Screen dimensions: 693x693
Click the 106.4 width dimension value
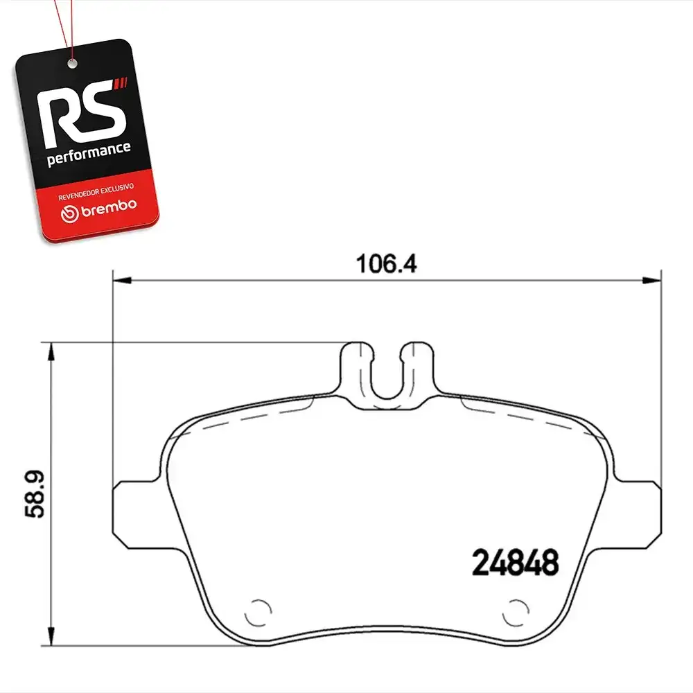coord(386,264)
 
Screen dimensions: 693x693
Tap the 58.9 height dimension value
coord(35,494)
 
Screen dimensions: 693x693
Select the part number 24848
coord(516,563)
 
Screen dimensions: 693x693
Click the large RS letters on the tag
coord(80,114)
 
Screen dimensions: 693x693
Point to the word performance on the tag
coord(89,154)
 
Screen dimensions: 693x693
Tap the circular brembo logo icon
coord(70,213)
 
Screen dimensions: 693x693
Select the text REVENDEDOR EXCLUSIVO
coord(96,192)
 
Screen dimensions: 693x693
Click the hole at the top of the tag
coord(73,64)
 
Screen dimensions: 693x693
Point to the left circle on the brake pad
coord(258,613)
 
